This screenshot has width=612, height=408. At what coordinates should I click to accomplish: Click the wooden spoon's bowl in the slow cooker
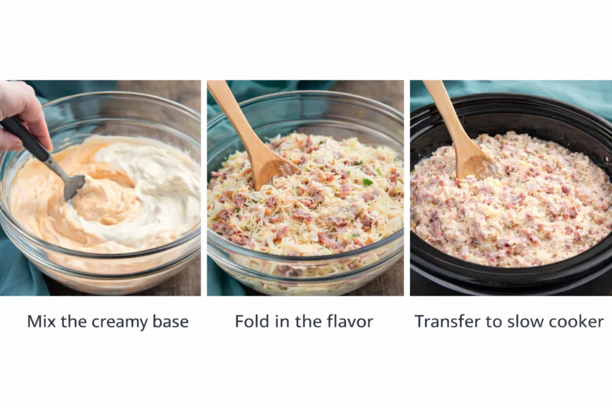click(x=476, y=161)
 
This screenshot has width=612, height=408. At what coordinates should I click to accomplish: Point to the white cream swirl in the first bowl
click(x=156, y=183)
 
